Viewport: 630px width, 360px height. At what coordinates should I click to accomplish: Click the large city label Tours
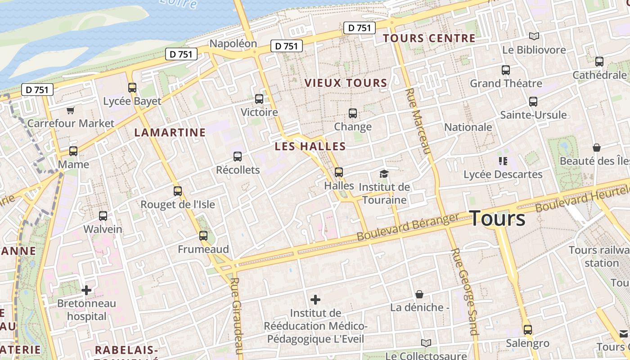498,219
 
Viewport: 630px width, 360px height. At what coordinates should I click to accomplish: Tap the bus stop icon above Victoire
259,99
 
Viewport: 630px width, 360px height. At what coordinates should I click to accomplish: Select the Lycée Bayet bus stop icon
132,88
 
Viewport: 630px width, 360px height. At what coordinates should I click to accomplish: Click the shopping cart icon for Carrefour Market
70,110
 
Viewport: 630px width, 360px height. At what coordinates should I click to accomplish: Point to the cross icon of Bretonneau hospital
86,290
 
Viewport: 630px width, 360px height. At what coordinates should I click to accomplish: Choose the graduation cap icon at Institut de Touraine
384,174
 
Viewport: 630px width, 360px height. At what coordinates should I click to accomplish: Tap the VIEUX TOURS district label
346,83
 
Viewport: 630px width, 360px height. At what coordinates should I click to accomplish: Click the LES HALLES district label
310,146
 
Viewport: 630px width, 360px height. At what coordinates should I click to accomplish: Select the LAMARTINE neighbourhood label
170,132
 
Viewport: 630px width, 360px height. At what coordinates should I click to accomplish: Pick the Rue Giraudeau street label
237,317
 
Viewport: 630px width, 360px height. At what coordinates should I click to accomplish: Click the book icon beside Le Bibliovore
534,36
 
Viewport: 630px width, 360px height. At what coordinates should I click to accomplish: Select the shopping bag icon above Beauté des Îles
597,148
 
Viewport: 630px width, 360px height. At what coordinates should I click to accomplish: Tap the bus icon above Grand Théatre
506,70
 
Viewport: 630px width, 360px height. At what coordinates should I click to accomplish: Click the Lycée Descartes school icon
503,161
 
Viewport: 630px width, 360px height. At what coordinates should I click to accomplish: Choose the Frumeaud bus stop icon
203,235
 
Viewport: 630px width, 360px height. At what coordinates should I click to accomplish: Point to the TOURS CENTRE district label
429,38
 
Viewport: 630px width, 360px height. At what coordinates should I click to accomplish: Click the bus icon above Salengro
528,329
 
